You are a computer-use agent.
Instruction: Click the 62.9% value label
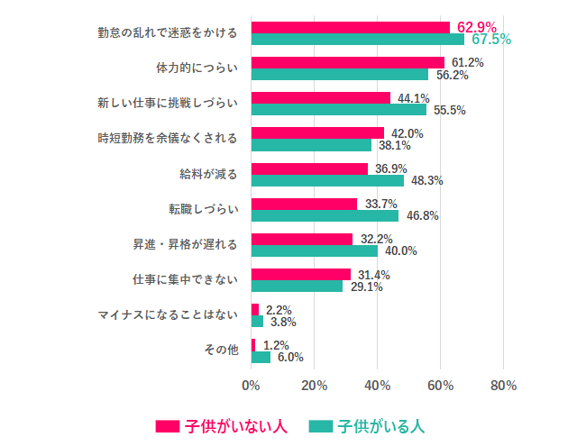coord(477,26)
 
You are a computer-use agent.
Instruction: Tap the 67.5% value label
coord(491,40)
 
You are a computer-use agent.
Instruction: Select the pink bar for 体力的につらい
coord(347,62)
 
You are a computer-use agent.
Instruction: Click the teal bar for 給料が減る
coord(327,180)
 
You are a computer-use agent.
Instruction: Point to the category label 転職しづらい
coord(203,210)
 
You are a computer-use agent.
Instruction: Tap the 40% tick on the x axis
coord(377,386)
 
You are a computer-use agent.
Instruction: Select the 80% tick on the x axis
coord(503,386)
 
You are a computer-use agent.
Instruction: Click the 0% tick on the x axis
coord(252,386)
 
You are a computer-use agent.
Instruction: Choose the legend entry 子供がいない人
coord(222,425)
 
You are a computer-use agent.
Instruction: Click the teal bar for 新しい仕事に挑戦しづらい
coord(338,110)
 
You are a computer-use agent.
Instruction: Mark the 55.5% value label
coord(449,111)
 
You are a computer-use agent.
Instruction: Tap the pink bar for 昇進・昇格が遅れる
coord(302,239)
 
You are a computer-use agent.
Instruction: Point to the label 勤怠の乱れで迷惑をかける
coord(168,33)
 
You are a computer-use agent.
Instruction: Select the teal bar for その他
coord(261,357)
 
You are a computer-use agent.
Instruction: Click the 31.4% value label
coord(372,275)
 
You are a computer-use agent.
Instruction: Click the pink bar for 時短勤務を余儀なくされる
coord(317,132)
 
